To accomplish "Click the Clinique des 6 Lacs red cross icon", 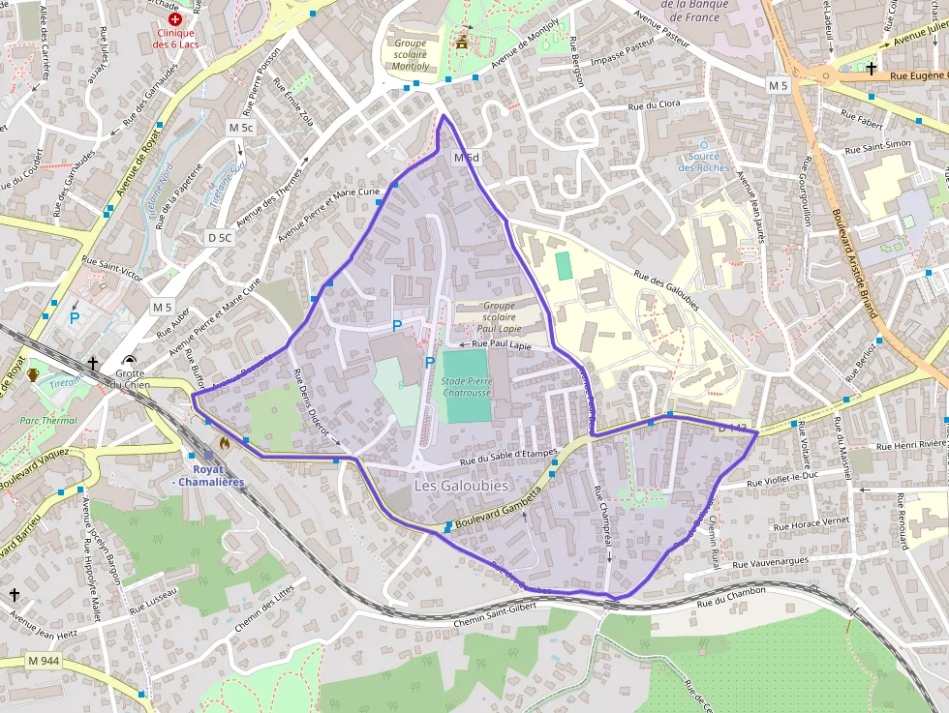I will [175, 18].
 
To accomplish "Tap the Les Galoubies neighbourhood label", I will [461, 486].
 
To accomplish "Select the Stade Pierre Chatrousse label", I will [467, 387].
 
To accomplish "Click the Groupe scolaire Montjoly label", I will [410, 55].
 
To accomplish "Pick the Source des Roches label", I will [704, 162].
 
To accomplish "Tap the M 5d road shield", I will [467, 158].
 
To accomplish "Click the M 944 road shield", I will [44, 661].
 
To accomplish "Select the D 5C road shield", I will [220, 237].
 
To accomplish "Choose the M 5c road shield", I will [240, 128].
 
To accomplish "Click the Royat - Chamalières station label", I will [208, 476].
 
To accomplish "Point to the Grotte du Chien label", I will [130, 379].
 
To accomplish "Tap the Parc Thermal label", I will [48, 421].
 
